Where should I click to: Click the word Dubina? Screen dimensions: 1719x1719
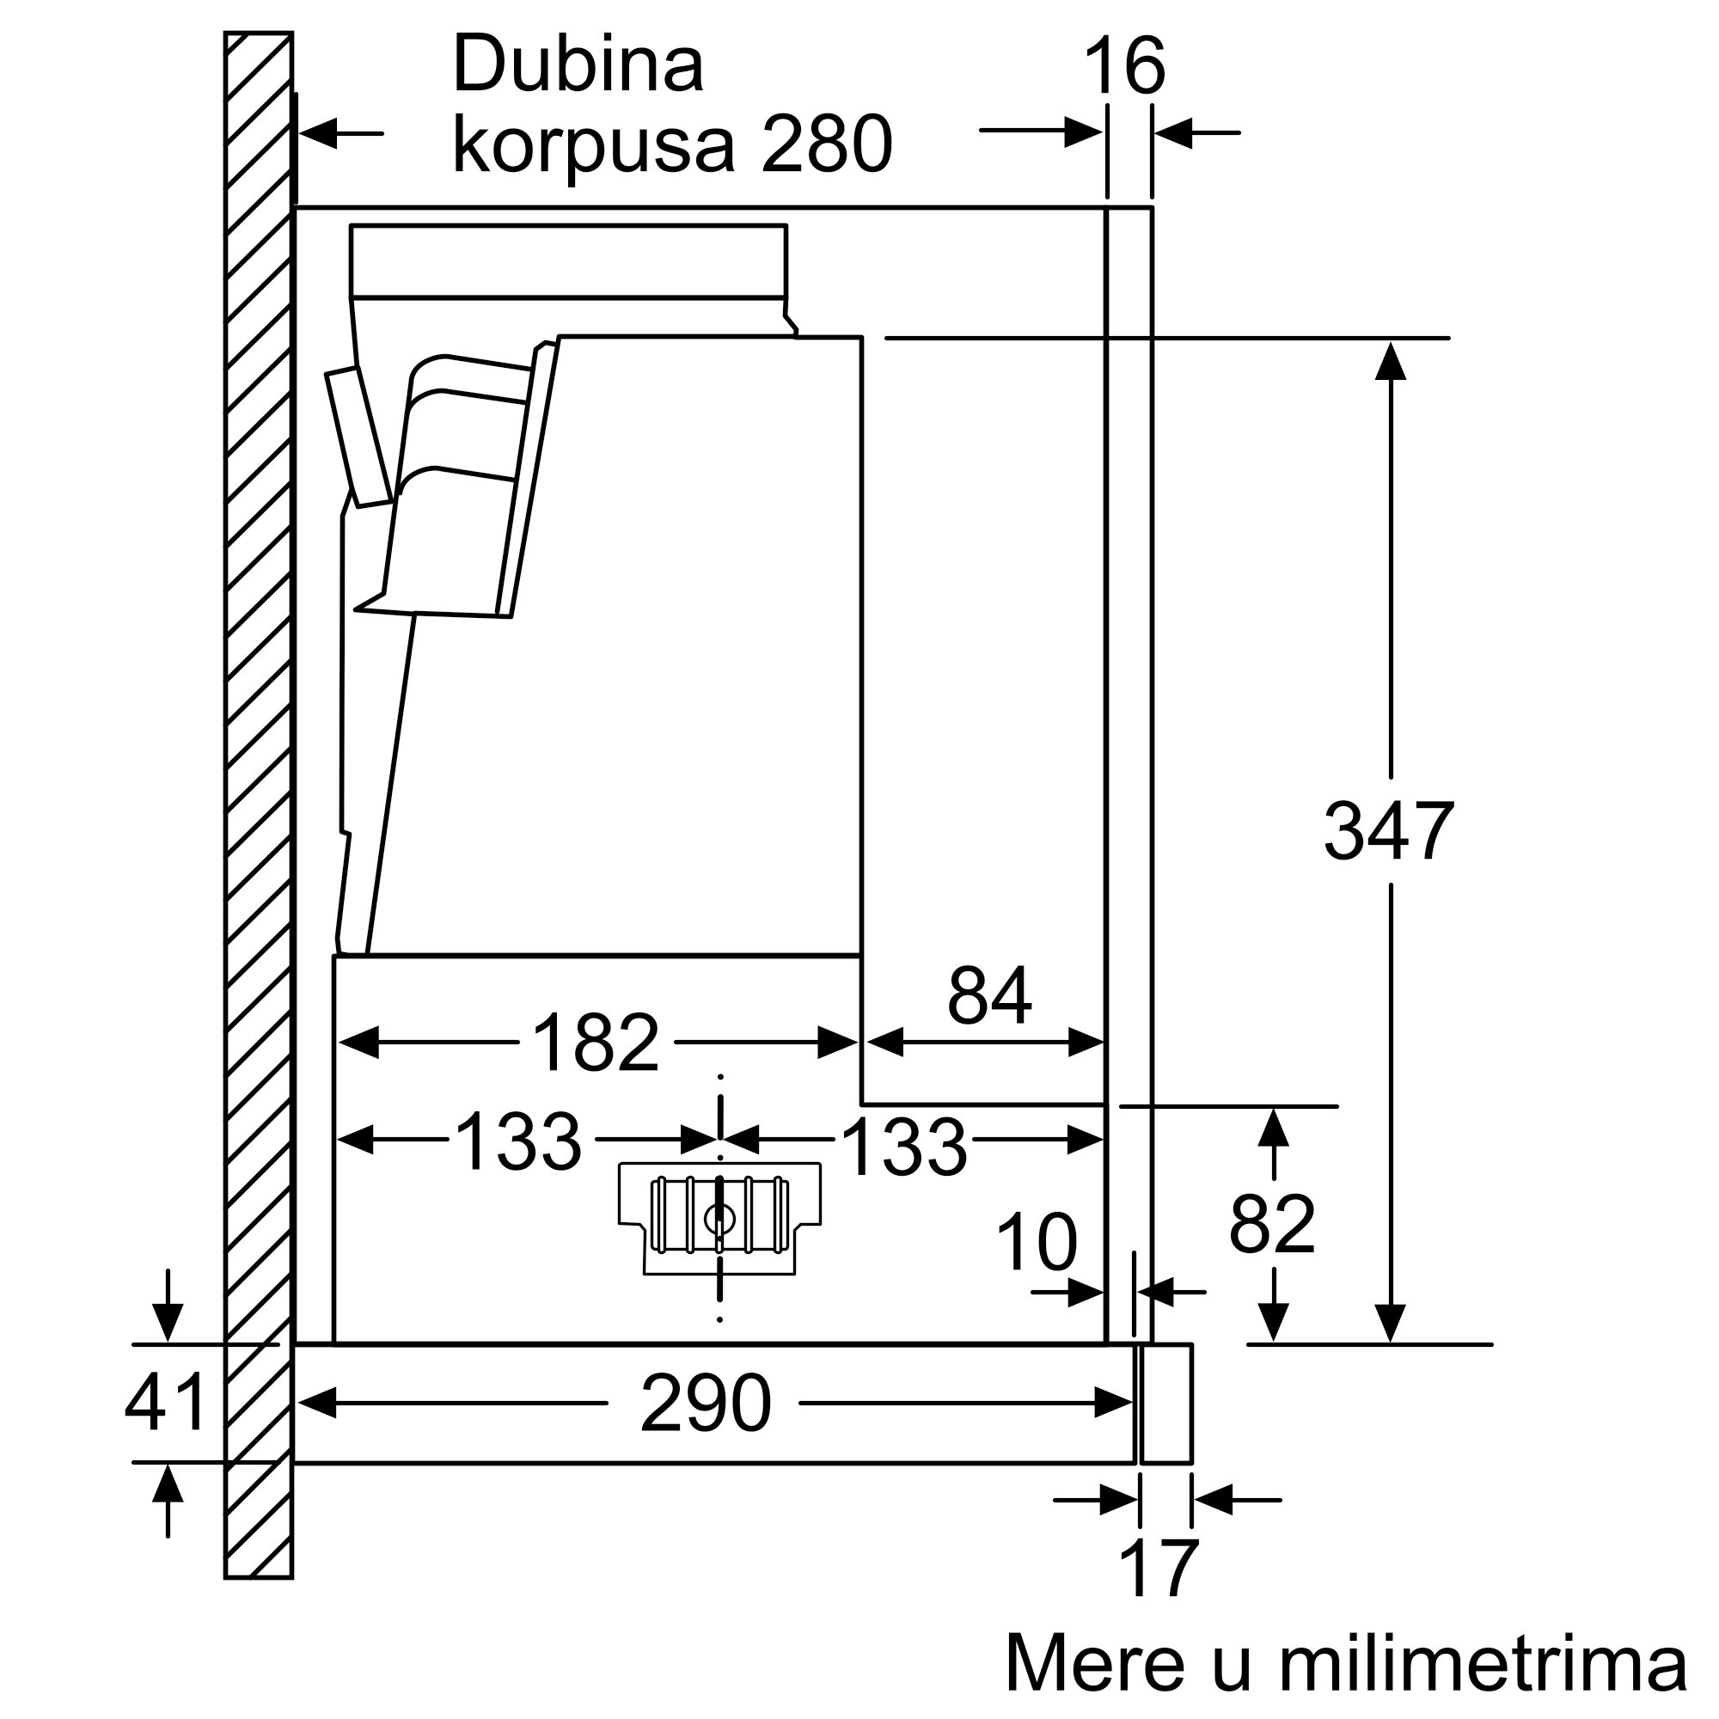[x=578, y=64]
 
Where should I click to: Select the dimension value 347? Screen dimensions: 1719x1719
[x=1389, y=831]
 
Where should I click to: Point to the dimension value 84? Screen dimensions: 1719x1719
[x=989, y=995]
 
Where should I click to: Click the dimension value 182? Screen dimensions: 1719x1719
[x=596, y=1043]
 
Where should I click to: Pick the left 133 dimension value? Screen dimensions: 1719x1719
[x=517, y=1141]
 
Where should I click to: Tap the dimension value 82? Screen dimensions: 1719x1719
[x=1272, y=1224]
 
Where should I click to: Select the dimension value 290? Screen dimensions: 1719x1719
[x=706, y=1404]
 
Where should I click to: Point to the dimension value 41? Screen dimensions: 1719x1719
[x=166, y=1401]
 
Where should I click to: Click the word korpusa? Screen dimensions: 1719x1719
[x=595, y=148]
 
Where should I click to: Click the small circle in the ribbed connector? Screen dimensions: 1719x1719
[x=719, y=1220]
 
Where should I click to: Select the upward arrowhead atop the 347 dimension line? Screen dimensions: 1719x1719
[x=1390, y=360]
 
